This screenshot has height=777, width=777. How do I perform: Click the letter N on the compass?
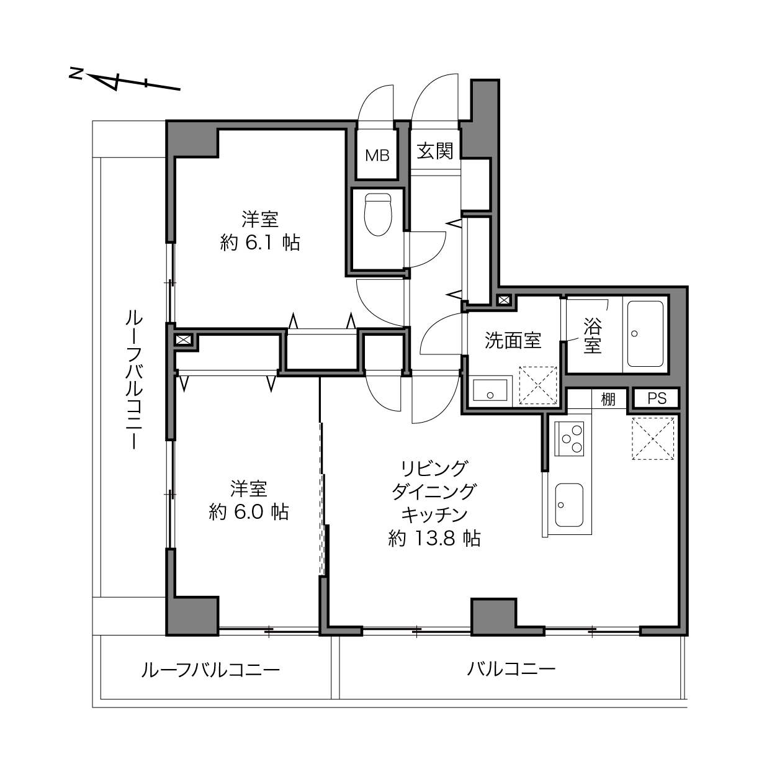click(76, 73)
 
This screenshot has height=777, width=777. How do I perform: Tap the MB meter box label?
click(377, 155)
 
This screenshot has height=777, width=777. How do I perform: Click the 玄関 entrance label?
click(435, 151)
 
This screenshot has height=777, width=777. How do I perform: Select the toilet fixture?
click(378, 214)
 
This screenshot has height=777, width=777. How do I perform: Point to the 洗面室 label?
click(513, 341)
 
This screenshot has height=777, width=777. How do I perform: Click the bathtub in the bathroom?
click(645, 333)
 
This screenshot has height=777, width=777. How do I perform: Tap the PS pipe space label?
click(657, 399)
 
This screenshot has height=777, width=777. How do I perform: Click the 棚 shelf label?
click(608, 399)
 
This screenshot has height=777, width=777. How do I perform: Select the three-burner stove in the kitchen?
click(569, 439)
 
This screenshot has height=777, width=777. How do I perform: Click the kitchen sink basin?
click(569, 505)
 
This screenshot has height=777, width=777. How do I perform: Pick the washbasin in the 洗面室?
click(490, 390)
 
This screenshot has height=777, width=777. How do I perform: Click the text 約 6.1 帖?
click(259, 243)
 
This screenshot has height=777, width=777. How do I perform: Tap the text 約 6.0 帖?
click(248, 513)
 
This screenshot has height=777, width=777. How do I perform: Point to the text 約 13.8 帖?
click(434, 538)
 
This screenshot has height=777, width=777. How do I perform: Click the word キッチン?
click(434, 514)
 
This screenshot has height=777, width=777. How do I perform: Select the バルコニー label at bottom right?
click(511, 670)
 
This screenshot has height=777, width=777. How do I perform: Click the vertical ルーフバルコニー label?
click(133, 379)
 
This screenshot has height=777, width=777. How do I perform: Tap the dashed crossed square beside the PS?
click(653, 439)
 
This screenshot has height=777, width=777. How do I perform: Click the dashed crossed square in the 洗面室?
click(538, 385)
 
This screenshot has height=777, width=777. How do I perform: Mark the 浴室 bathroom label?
click(592, 336)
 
